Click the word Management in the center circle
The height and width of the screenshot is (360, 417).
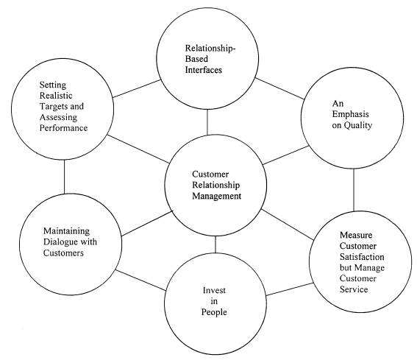(x=216, y=197)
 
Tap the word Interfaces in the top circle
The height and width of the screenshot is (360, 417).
(x=204, y=70)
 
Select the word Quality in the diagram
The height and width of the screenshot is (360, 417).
(x=357, y=125)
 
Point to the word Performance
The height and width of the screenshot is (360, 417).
(x=63, y=128)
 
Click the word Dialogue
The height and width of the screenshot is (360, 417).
(x=61, y=242)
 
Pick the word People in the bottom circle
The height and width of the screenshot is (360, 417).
(x=214, y=312)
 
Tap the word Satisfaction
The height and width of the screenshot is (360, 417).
(x=362, y=257)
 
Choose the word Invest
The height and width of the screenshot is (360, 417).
(x=214, y=290)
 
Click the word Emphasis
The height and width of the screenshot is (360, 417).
(x=351, y=115)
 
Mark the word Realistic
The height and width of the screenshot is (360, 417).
(x=56, y=96)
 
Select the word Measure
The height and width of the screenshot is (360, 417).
(x=356, y=235)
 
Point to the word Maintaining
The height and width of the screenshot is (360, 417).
(x=66, y=231)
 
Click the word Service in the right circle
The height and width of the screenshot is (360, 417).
(x=354, y=289)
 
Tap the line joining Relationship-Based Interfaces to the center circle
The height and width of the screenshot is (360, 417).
(x=207, y=122)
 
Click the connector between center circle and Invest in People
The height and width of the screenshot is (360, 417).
(x=215, y=244)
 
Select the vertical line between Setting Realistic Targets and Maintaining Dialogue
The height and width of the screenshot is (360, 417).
(x=64, y=177)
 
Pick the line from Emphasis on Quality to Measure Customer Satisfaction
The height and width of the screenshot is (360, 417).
(x=354, y=190)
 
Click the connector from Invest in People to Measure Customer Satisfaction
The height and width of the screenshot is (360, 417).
(x=290, y=289)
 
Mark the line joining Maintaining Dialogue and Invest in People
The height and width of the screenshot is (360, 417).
(x=140, y=280)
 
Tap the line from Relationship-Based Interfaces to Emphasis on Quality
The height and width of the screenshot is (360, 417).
(x=279, y=88)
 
